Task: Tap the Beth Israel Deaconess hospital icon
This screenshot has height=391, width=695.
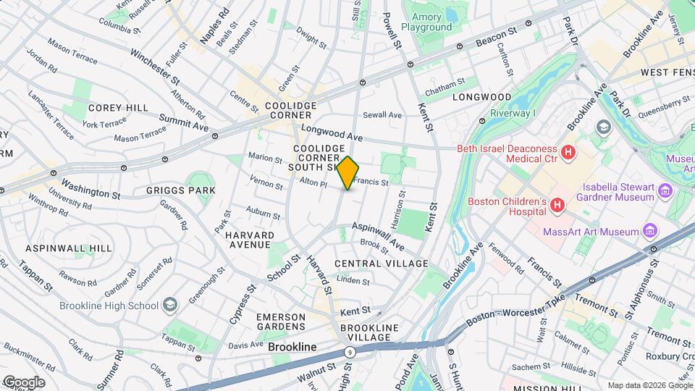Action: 569,153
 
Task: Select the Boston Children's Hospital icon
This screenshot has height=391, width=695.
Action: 557,206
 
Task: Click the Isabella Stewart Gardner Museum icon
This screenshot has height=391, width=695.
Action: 665,190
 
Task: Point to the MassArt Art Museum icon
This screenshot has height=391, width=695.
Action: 650,231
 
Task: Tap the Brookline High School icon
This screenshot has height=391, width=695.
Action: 169,304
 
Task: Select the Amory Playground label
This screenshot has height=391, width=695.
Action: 431,22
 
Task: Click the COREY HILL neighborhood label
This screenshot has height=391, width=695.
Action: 109,107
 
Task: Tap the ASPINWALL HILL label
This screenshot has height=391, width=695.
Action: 69,248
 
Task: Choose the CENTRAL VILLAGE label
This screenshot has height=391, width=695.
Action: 382,264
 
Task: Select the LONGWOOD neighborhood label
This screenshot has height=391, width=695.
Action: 481,96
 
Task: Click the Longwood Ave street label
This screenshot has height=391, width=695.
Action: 332,135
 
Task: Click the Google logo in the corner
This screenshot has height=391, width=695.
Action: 23,382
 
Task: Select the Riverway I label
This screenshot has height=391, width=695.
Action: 513,113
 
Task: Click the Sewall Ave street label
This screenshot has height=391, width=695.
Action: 382,114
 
